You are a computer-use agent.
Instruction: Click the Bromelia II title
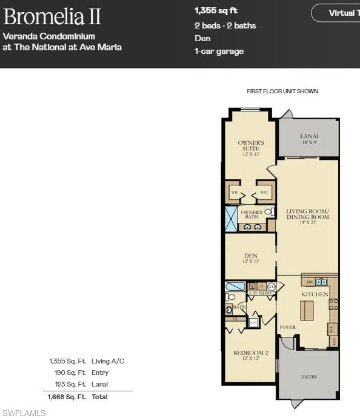(x=52, y=16)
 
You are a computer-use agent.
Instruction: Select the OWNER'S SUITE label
(x=250, y=145)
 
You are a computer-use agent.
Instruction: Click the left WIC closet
(x=234, y=193)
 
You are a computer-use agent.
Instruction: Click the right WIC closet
(x=264, y=193)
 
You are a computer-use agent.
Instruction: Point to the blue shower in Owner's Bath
(x=231, y=219)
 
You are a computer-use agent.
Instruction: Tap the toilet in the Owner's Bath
(x=268, y=211)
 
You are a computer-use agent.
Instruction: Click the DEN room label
(x=251, y=258)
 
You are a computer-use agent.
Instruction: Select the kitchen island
(x=307, y=310)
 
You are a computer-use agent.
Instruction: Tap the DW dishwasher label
(x=310, y=282)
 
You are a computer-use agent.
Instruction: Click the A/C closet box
(x=253, y=322)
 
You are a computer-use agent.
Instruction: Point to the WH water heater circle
(x=272, y=286)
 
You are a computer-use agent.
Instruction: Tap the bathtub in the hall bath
(x=235, y=286)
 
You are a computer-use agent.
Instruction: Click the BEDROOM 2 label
(x=250, y=355)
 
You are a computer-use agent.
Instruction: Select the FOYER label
(x=288, y=327)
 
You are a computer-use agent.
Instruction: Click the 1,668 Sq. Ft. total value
(x=61, y=397)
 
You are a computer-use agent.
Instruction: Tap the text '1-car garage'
(x=219, y=51)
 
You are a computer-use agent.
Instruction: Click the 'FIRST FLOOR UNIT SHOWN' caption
(x=282, y=91)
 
